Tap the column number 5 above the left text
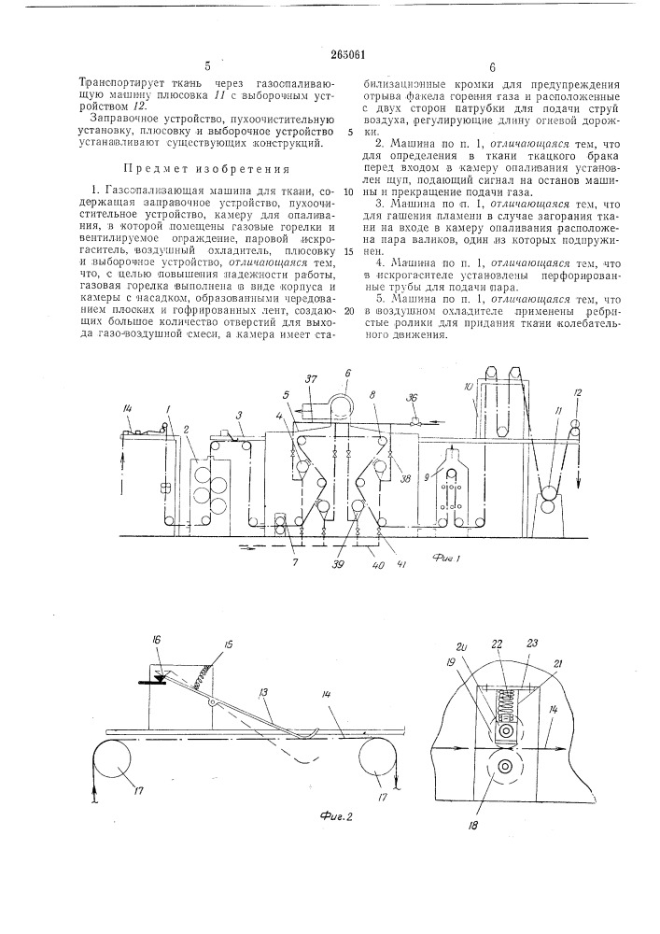[207, 66]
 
